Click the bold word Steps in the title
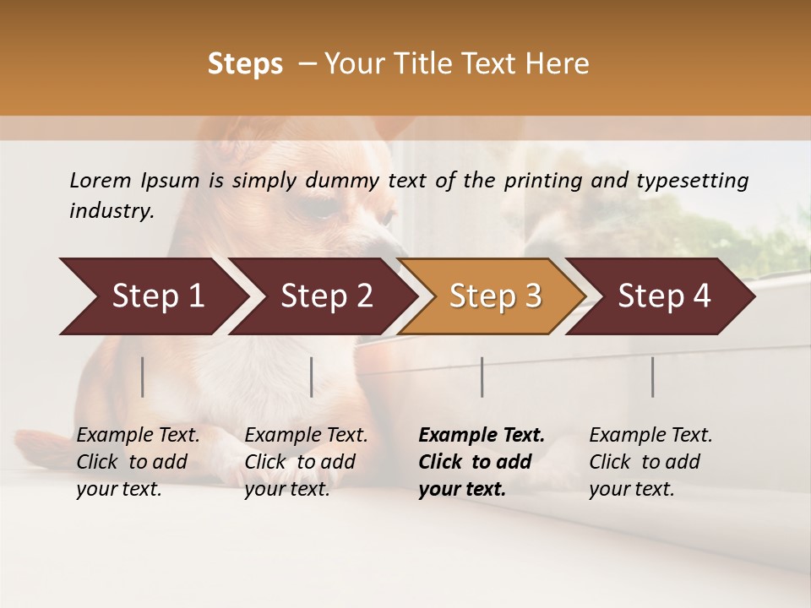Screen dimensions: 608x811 coord(245,64)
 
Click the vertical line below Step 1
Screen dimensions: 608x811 coord(143,377)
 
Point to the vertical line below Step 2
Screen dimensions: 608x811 coord(312,377)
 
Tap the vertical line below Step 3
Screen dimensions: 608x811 coord(482,377)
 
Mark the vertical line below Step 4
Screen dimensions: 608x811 coord(652,377)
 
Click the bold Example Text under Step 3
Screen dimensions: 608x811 coord(482,436)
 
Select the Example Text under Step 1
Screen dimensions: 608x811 coord(138,436)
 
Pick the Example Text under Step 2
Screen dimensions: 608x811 coord(306,436)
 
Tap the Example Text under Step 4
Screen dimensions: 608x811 coord(650,436)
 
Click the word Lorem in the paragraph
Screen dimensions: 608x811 coord(101,181)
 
